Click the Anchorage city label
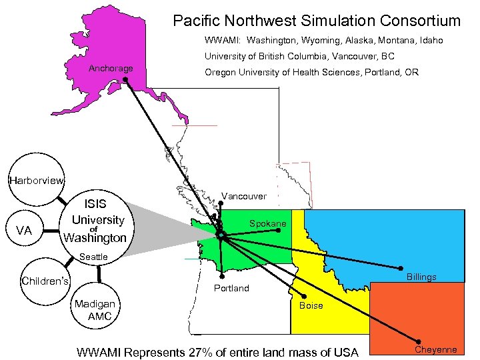pos(111,69)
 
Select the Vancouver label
pos(244,196)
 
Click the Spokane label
pos(268,223)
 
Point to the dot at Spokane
pos(279,231)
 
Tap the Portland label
pos(231,288)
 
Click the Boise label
pos(311,305)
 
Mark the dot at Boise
pos(304,296)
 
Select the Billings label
pos(421,277)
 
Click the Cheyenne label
pos(436,349)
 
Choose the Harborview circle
pos(35,180)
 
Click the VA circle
pos(24,231)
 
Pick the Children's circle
pos(45,281)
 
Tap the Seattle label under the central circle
pos(93,257)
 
